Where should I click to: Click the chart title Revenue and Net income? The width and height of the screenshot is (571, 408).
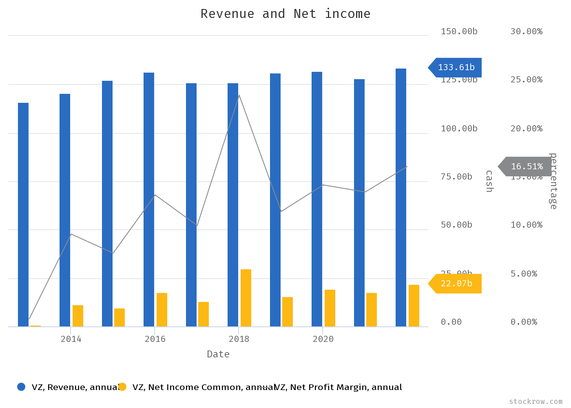pos(285,14)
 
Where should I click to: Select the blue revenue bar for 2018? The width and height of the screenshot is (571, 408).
pos(233,204)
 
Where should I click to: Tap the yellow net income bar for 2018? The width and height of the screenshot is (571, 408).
pos(246,298)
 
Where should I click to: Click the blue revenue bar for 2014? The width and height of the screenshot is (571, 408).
pos(65,210)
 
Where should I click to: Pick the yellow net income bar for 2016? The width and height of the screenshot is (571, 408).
pos(162,310)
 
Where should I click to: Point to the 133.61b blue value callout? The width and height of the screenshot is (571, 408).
pos(456,67)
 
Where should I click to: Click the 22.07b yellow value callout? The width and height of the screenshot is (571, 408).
pos(456,284)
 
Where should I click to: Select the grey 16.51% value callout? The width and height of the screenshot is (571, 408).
pos(526,166)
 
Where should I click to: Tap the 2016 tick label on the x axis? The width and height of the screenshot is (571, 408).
pos(155,339)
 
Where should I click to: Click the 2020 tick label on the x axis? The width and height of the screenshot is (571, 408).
pos(323,339)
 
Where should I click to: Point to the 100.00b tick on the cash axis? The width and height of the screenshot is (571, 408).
pos(459,129)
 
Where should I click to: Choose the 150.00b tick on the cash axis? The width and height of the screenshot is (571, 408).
pos(459,31)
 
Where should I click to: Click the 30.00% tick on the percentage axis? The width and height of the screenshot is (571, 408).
pos(526,31)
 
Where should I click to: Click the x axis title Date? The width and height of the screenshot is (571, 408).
pos(218,354)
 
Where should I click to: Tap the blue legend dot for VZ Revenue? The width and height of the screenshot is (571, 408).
pos(21,387)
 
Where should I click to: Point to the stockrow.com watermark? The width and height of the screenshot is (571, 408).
pos(536,401)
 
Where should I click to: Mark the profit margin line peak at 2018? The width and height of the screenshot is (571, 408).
pos(239,95)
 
